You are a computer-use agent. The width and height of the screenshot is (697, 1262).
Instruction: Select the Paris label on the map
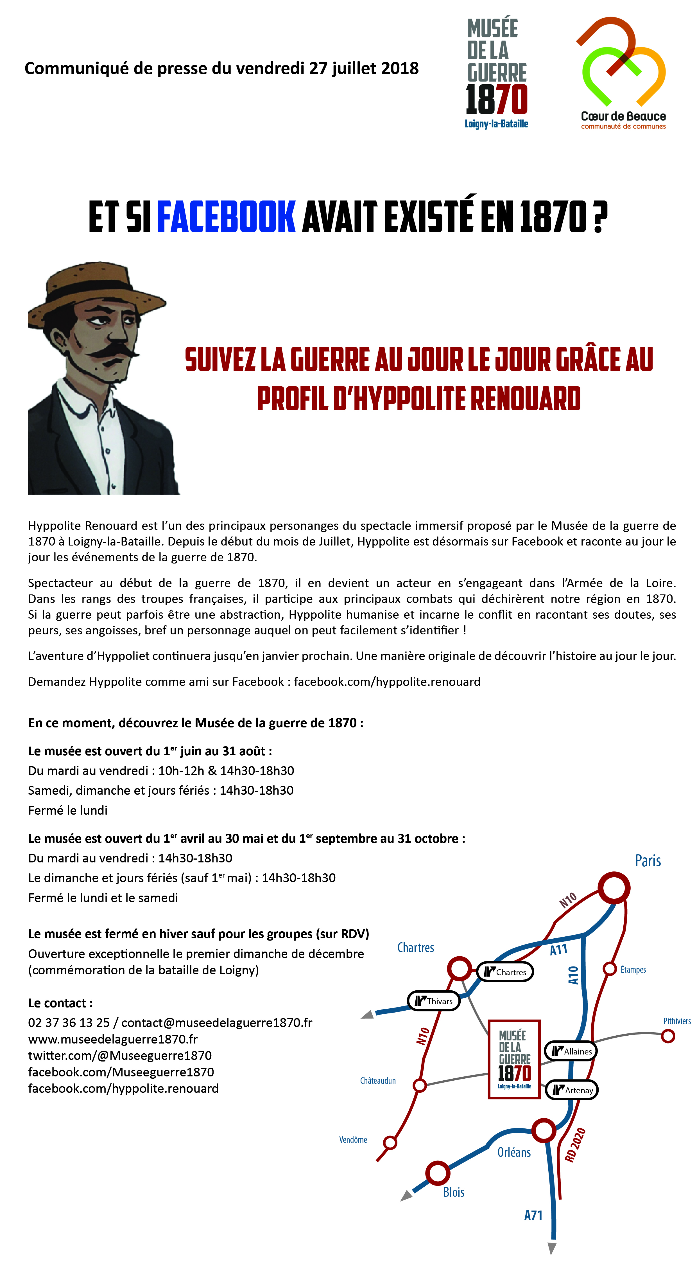click(x=648, y=861)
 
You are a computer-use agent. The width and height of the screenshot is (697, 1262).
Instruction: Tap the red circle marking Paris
click(x=614, y=888)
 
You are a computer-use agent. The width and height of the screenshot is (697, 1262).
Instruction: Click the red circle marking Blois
click(x=437, y=1173)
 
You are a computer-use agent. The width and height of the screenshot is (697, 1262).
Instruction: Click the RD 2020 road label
click(x=575, y=1145)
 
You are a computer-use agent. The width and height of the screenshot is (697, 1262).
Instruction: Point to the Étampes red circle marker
click(x=609, y=968)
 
